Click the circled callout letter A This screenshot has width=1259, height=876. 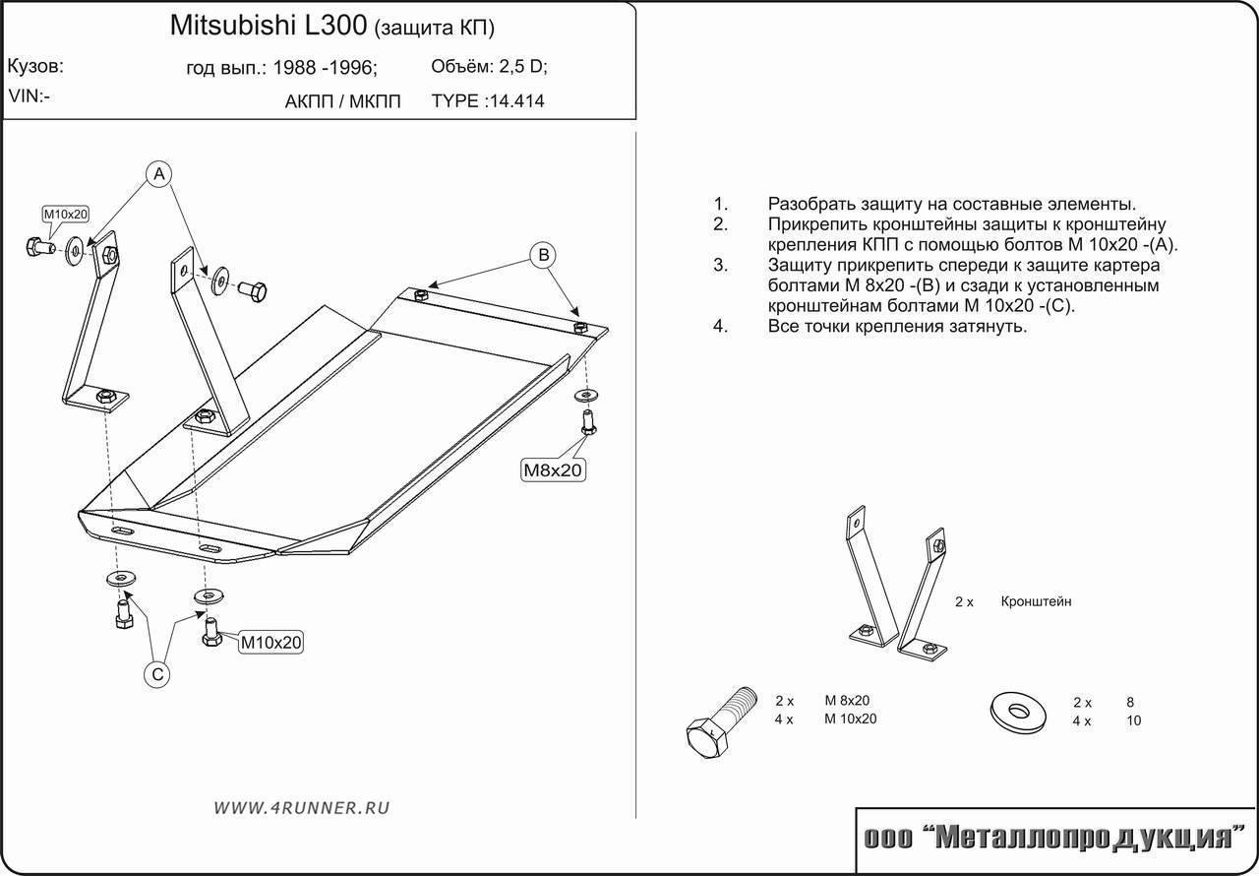159,174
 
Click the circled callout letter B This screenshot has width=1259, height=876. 542,256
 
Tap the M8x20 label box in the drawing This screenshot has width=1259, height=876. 554,470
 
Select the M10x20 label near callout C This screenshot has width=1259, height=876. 271,643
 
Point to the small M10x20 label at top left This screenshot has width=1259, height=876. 65,215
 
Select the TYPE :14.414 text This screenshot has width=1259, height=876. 488,100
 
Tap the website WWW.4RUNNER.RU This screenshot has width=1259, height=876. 301,807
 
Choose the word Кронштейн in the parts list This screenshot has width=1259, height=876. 1036,600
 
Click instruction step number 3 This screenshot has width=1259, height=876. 720,265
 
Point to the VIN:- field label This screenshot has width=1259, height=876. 30,95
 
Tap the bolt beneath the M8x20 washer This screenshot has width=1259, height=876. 588,421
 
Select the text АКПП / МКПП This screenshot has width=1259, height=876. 342,100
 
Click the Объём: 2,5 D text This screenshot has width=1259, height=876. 489,67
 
